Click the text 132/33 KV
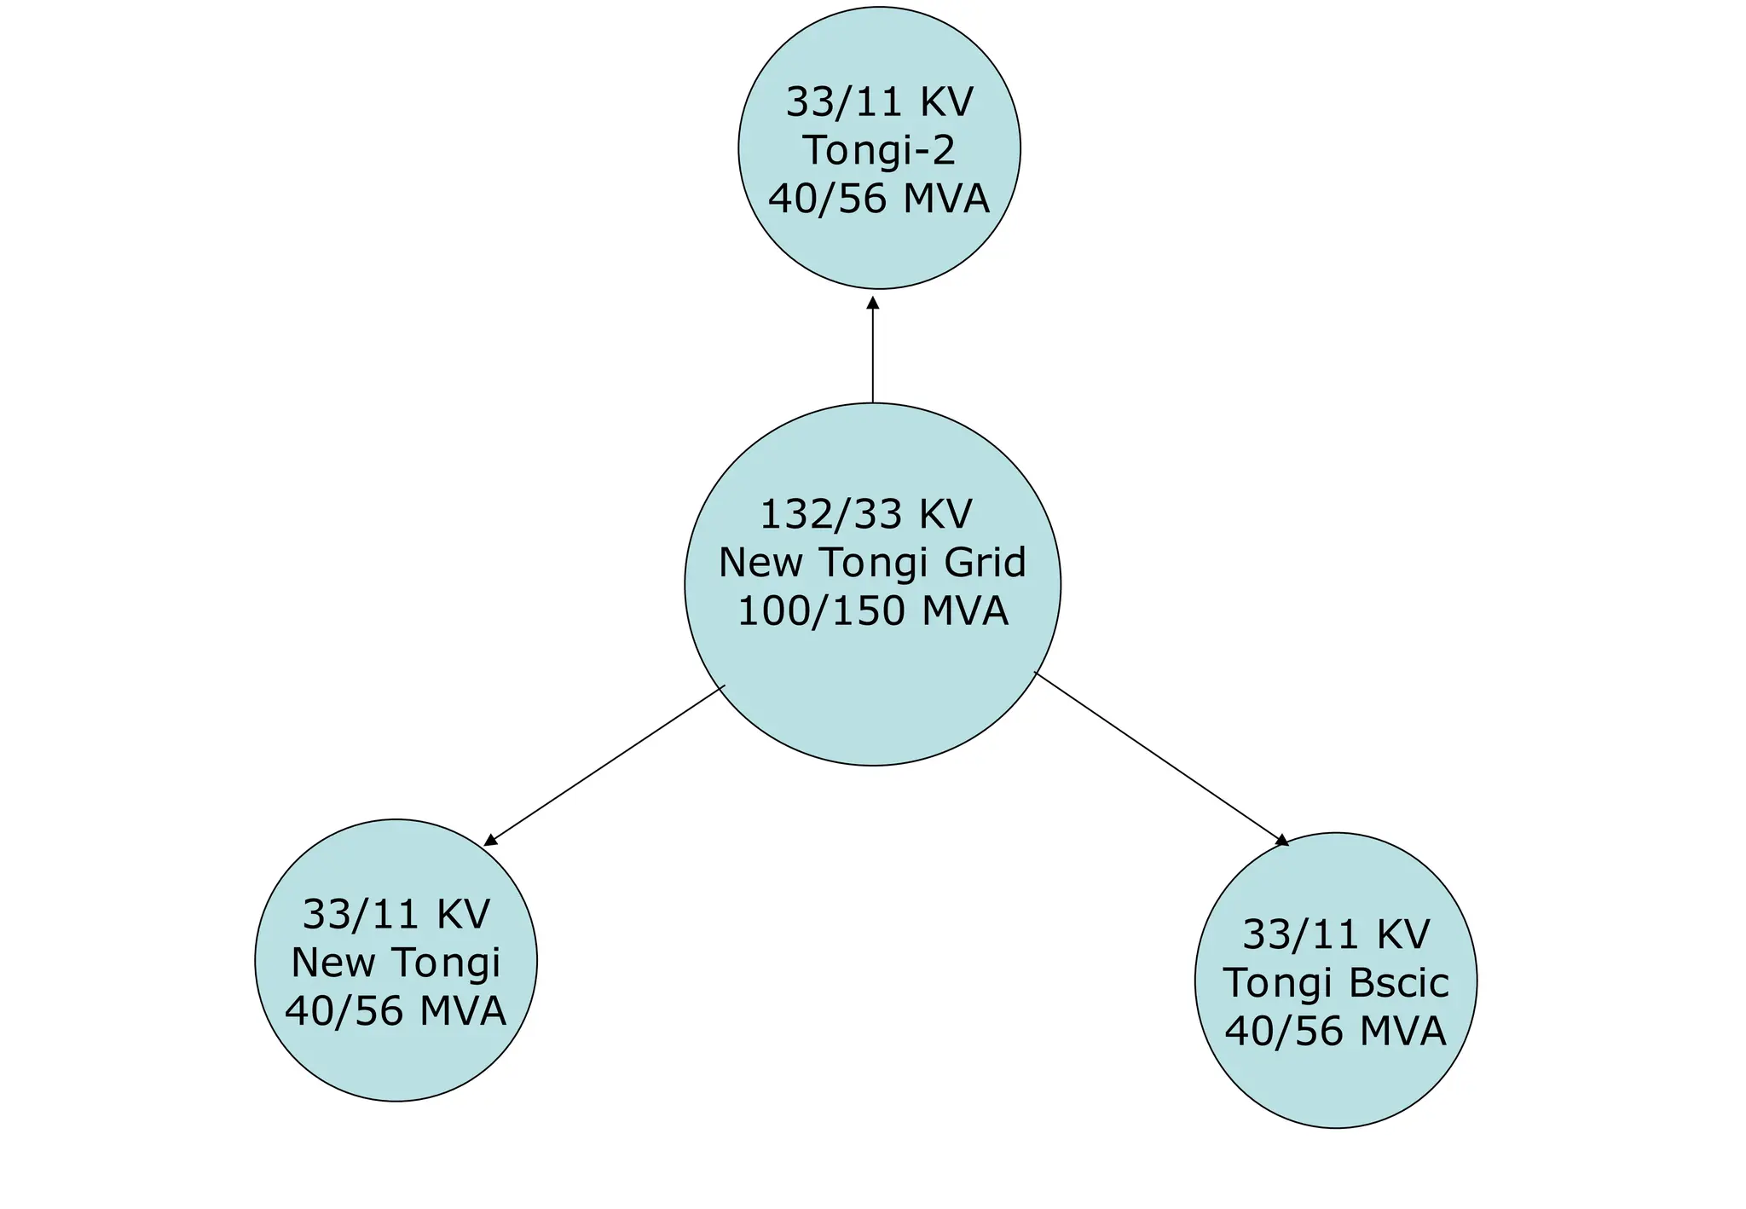[x=866, y=514]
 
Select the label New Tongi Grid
[x=872, y=563]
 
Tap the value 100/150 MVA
[x=872, y=611]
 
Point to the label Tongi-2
[x=879, y=151]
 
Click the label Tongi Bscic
[x=1336, y=982]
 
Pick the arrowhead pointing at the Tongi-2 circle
[x=872, y=303]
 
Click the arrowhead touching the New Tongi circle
[x=490, y=840]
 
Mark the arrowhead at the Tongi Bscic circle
[x=1281, y=841]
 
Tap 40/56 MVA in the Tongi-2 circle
[x=879, y=200]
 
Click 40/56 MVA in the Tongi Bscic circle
[x=1336, y=1031]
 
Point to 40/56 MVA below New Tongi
[x=396, y=1011]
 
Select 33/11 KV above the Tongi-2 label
[x=879, y=102]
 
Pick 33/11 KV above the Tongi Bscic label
[x=1336, y=934]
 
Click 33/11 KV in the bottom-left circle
[x=396, y=914]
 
